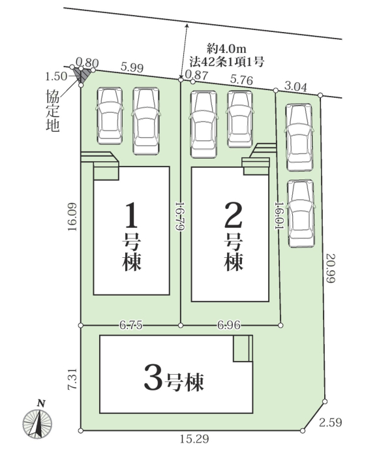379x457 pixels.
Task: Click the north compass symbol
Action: [x=37, y=420]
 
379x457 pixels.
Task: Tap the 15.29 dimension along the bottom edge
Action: [x=194, y=439]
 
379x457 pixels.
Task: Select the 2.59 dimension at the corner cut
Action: [x=330, y=422]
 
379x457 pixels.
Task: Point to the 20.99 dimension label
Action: [x=331, y=268]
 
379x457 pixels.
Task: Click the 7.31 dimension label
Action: [x=72, y=379]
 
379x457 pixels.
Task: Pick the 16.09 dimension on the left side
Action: [x=72, y=217]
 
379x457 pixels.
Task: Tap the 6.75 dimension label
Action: [x=131, y=325]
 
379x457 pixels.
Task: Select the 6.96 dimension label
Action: [x=229, y=325]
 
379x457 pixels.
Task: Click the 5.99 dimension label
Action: [x=132, y=68]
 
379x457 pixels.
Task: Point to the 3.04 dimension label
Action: [x=296, y=87]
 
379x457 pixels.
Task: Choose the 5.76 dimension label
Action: [x=241, y=80]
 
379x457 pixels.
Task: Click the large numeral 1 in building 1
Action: [x=131, y=215]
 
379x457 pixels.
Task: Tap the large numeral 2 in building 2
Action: [x=234, y=215]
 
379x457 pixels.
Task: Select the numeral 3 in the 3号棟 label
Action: [x=153, y=378]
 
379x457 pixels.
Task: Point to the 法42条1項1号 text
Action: [x=227, y=61]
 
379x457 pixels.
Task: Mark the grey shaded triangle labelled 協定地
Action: [x=82, y=73]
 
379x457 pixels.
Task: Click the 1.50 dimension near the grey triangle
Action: [x=56, y=76]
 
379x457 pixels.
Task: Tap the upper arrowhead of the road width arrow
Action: [x=187, y=26]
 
